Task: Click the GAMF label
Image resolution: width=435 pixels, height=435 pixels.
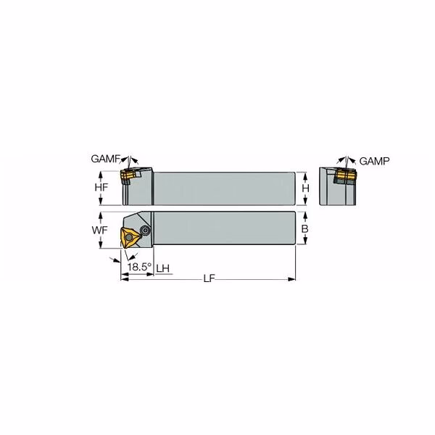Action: click(x=105, y=159)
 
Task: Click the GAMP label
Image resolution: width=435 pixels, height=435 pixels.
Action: click(x=374, y=161)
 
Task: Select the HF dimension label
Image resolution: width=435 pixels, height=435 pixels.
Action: click(x=101, y=188)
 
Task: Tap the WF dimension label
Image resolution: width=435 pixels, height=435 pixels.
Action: click(x=100, y=230)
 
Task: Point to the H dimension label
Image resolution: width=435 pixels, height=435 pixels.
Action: click(x=305, y=188)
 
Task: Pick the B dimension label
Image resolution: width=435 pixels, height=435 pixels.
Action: click(x=304, y=229)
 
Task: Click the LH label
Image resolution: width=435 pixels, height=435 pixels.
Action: click(x=163, y=268)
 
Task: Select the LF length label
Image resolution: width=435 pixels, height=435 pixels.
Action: click(x=210, y=278)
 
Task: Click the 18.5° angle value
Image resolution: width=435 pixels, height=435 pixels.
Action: click(x=139, y=267)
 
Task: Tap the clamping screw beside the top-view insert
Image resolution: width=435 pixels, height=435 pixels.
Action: click(x=145, y=230)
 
